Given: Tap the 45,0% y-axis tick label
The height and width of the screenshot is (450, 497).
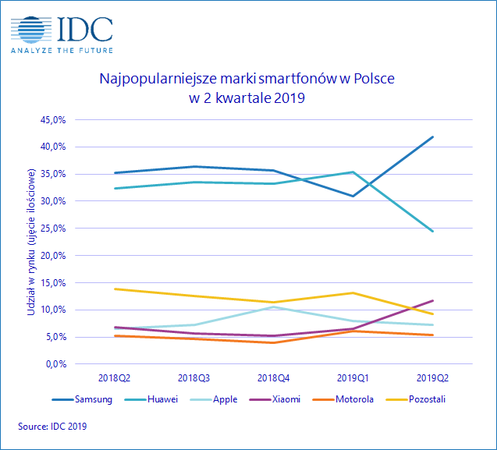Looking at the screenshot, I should [x=66, y=119].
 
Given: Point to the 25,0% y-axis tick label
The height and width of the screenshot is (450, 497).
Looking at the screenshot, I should [x=66, y=228].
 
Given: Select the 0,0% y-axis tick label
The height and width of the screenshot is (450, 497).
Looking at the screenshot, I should [x=68, y=364].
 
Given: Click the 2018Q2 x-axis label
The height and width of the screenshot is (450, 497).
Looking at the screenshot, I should [x=115, y=377].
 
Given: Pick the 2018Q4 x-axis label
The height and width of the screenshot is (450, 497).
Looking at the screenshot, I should [x=272, y=377].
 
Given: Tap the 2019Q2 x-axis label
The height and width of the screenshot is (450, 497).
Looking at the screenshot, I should [x=432, y=377].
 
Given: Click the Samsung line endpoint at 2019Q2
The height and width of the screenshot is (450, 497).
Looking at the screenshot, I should [x=432, y=137].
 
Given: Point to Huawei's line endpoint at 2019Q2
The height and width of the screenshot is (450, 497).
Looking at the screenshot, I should [x=432, y=231].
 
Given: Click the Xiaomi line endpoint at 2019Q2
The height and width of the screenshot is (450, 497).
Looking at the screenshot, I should [x=432, y=300].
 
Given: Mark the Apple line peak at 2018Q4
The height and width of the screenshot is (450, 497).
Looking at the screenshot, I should [x=273, y=306].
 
